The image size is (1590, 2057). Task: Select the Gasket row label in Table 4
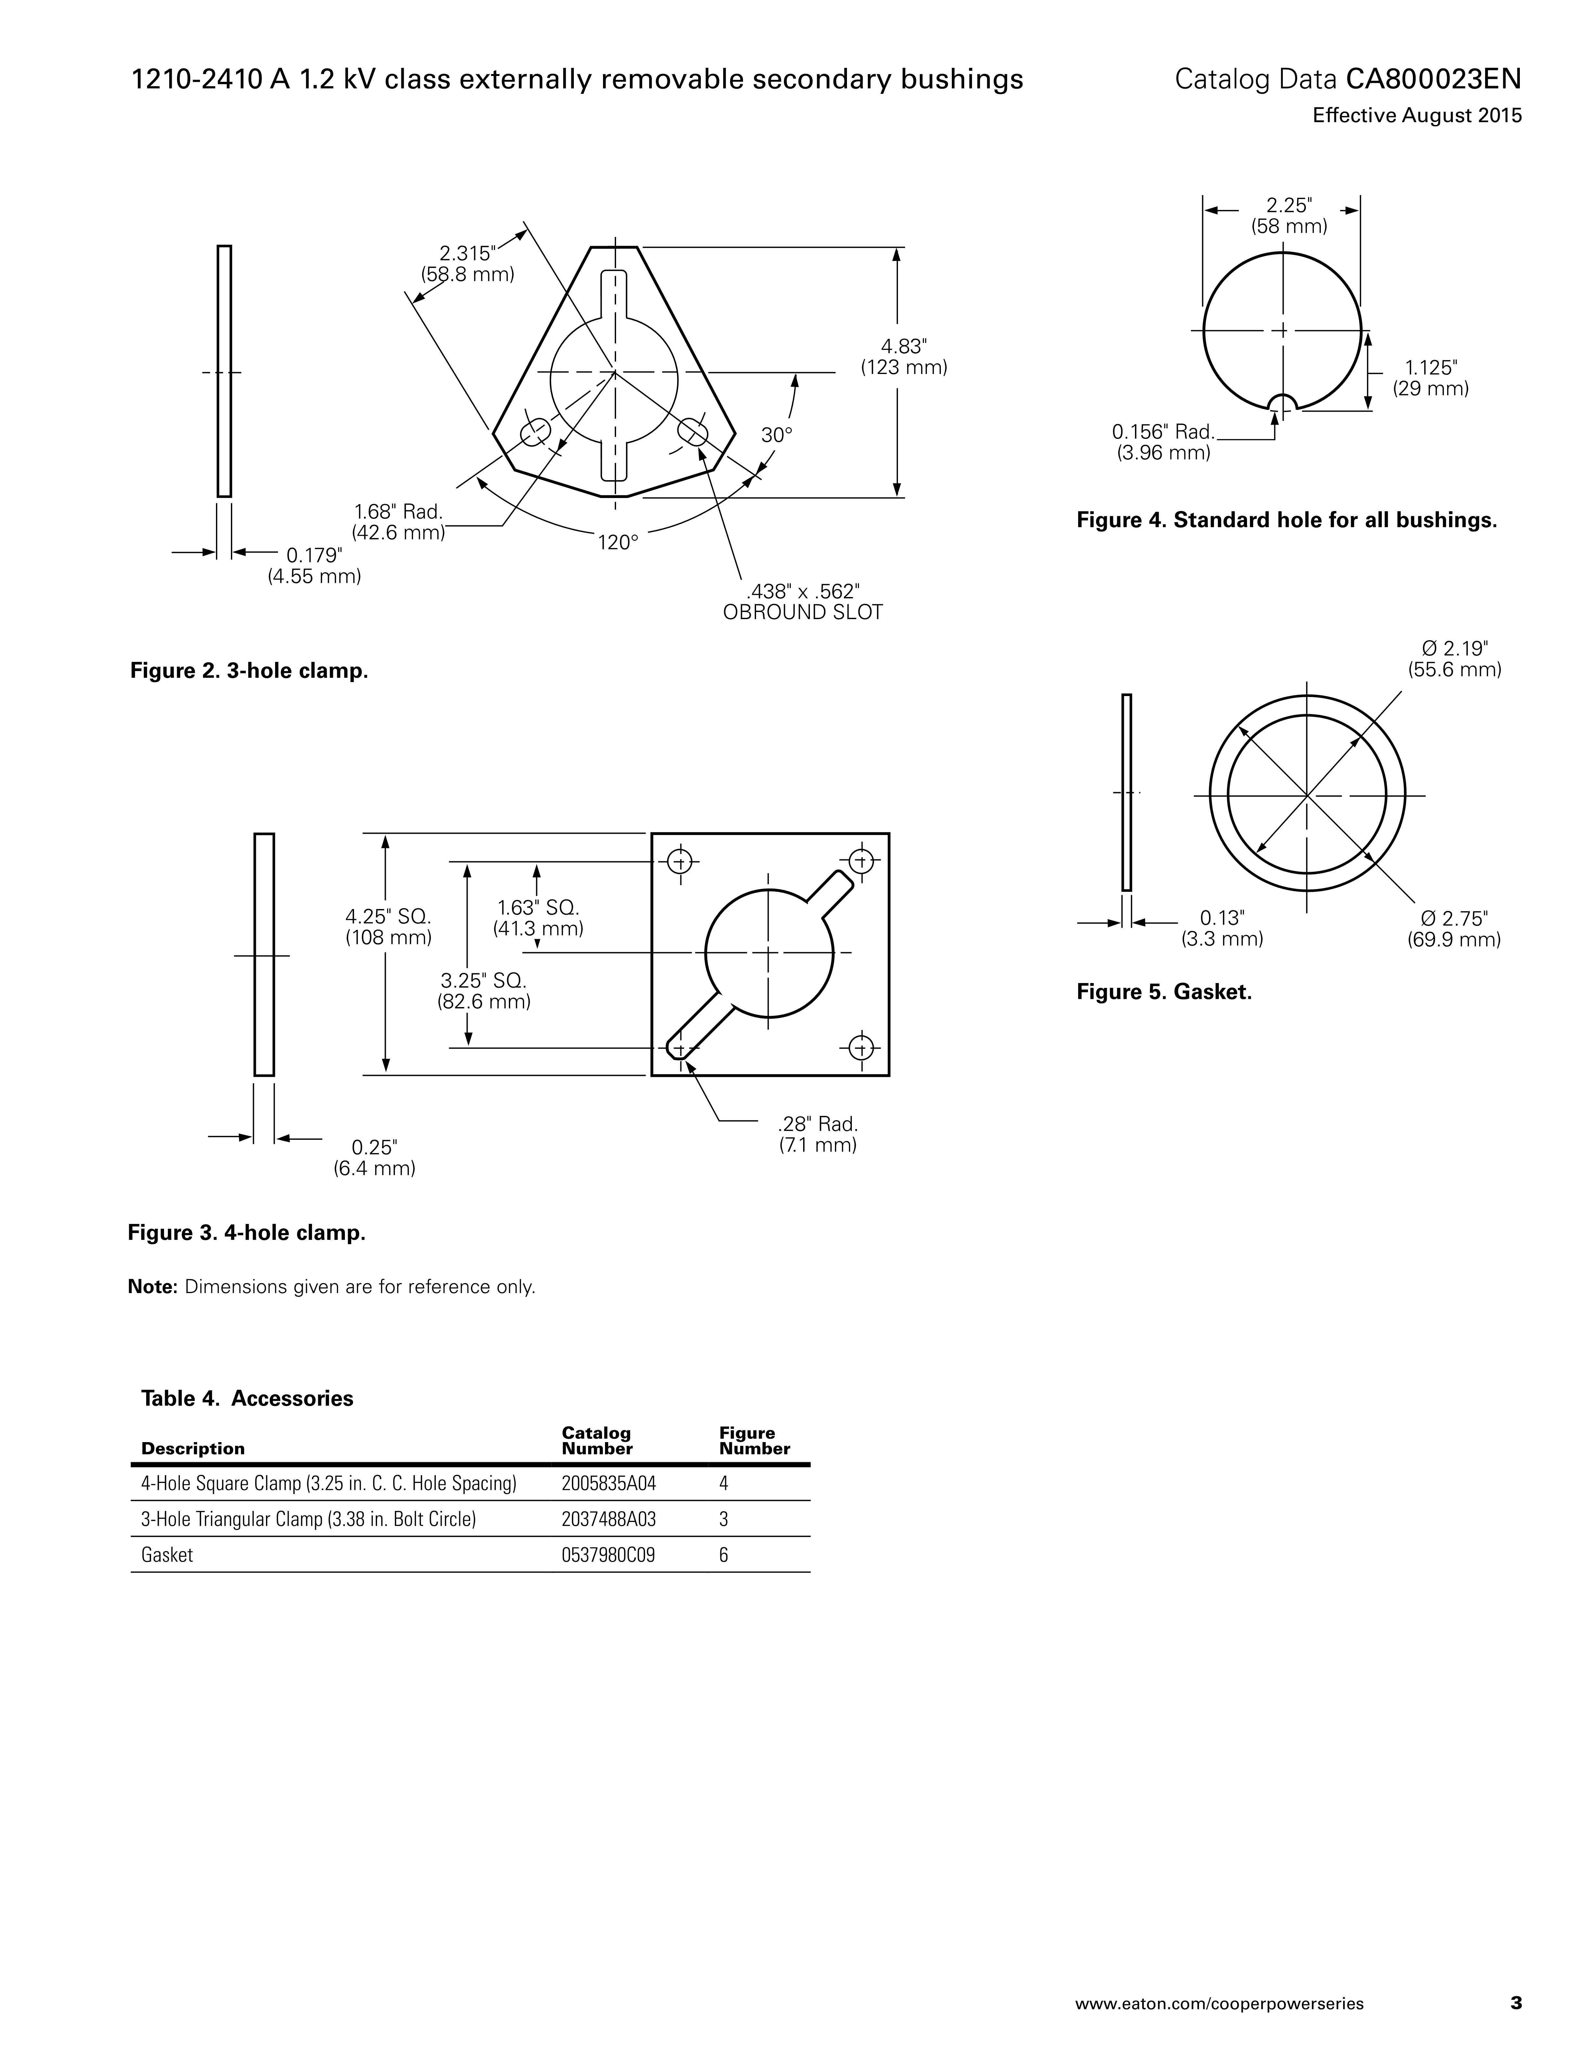coord(167,1555)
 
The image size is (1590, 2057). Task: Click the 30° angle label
coord(777,435)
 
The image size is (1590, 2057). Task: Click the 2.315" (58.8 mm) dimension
coord(467,264)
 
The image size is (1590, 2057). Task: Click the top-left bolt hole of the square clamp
coord(680,861)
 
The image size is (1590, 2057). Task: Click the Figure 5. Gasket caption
coord(1164,992)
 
